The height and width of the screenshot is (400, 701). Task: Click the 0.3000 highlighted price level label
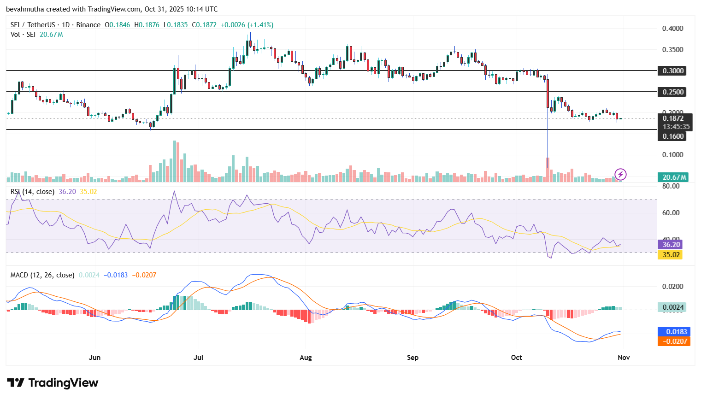pyautogui.click(x=673, y=71)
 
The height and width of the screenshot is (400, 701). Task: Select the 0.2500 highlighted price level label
pyautogui.click(x=673, y=92)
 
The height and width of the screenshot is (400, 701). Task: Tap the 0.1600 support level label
pyautogui.click(x=673, y=136)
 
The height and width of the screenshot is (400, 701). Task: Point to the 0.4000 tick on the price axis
pyautogui.click(x=672, y=29)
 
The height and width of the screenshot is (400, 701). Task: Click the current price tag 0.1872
pyautogui.click(x=673, y=118)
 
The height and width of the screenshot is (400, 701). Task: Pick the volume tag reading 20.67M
pyautogui.click(x=674, y=177)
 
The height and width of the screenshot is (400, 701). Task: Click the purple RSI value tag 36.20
pyautogui.click(x=672, y=245)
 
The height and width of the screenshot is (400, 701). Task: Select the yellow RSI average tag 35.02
pyautogui.click(x=672, y=255)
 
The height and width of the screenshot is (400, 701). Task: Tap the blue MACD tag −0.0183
pyautogui.click(x=675, y=332)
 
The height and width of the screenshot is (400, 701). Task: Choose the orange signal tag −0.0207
pyautogui.click(x=675, y=341)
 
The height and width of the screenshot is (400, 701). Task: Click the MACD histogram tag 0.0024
pyautogui.click(x=673, y=307)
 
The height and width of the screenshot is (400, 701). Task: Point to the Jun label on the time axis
pyautogui.click(x=94, y=358)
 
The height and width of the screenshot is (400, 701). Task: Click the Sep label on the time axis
pyautogui.click(x=412, y=358)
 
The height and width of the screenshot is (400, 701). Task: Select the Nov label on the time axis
pyautogui.click(x=623, y=358)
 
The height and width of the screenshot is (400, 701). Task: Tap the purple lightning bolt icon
pyautogui.click(x=620, y=174)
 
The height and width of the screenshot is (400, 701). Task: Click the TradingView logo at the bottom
pyautogui.click(x=53, y=383)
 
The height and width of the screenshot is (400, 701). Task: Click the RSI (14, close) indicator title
pyautogui.click(x=32, y=192)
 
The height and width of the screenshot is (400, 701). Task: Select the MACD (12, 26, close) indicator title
pyautogui.click(x=42, y=275)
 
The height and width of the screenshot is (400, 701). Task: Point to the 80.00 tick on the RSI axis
pyautogui.click(x=671, y=186)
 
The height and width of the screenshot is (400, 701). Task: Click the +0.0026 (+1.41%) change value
pyautogui.click(x=247, y=25)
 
